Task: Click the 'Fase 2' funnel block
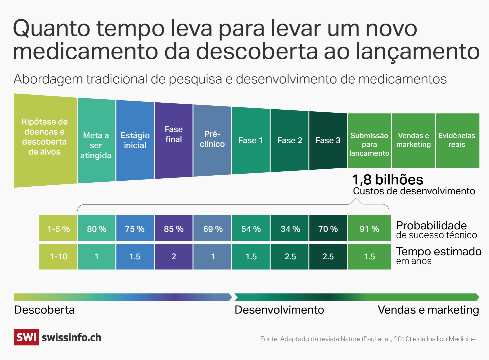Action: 290,140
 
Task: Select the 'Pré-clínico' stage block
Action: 212,139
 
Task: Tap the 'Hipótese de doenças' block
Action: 45,137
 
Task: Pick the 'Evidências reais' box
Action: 457,140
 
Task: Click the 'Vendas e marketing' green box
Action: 413,140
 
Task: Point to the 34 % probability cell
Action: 290,229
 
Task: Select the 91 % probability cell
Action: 369,229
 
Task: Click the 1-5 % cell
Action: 58,229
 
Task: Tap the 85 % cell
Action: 173,229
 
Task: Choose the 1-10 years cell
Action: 58,257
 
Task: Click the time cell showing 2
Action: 173,257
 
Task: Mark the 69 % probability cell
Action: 212,229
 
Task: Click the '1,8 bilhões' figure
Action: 388,180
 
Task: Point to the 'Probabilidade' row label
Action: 432,226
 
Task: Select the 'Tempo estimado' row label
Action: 439,252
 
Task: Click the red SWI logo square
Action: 26,337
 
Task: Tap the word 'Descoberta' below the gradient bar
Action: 44,310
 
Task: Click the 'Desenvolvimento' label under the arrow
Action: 279,310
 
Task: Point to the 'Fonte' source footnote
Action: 368,339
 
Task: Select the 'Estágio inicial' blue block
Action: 135,140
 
